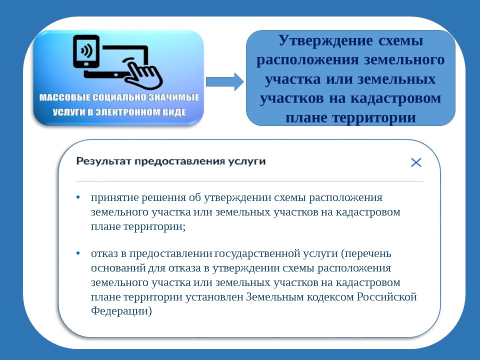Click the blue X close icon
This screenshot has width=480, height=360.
(x=416, y=162)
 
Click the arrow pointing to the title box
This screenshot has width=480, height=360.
(x=224, y=81)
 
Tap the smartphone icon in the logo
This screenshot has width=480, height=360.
(x=86, y=51)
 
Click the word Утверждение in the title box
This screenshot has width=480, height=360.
(x=325, y=40)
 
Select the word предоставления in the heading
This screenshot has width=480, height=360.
(x=180, y=161)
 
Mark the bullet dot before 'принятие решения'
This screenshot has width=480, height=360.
(x=78, y=197)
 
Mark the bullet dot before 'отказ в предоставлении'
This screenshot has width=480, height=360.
(x=78, y=253)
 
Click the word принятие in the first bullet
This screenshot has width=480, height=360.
(x=114, y=198)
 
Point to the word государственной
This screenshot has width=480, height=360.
(x=257, y=254)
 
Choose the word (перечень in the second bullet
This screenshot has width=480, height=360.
(x=366, y=254)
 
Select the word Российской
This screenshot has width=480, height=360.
(x=387, y=296)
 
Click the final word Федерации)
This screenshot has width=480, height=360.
(x=121, y=311)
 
